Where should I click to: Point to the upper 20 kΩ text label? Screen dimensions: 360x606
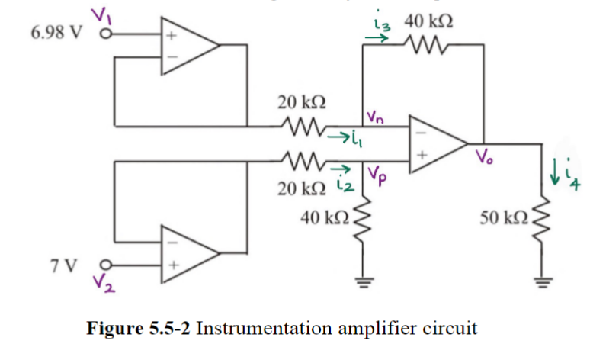click(x=303, y=101)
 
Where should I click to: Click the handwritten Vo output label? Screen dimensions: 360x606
click(x=486, y=159)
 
